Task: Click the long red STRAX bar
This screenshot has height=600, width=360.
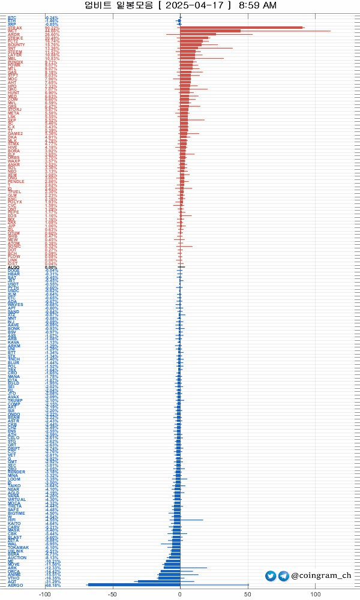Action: click(240, 28)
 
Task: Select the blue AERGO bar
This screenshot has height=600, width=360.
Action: click(134, 585)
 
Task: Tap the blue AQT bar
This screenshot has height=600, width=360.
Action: click(159, 581)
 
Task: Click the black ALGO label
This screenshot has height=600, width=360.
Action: click(14, 267)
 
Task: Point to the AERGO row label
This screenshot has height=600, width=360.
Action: click(15, 585)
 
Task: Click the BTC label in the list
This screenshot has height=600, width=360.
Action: click(12, 17)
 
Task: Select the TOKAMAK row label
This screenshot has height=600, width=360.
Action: click(18, 547)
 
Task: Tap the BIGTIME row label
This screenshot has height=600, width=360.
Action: click(17, 514)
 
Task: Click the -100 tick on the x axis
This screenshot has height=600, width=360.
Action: click(44, 595)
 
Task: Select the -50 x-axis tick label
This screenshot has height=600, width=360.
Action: click(112, 595)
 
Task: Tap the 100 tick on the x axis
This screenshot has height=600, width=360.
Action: click(315, 595)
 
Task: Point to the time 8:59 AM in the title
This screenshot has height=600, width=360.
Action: click(257, 5)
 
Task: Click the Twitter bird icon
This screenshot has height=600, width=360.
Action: click(271, 576)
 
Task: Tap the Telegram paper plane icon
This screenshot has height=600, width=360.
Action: click(284, 576)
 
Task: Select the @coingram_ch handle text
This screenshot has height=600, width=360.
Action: click(322, 576)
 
